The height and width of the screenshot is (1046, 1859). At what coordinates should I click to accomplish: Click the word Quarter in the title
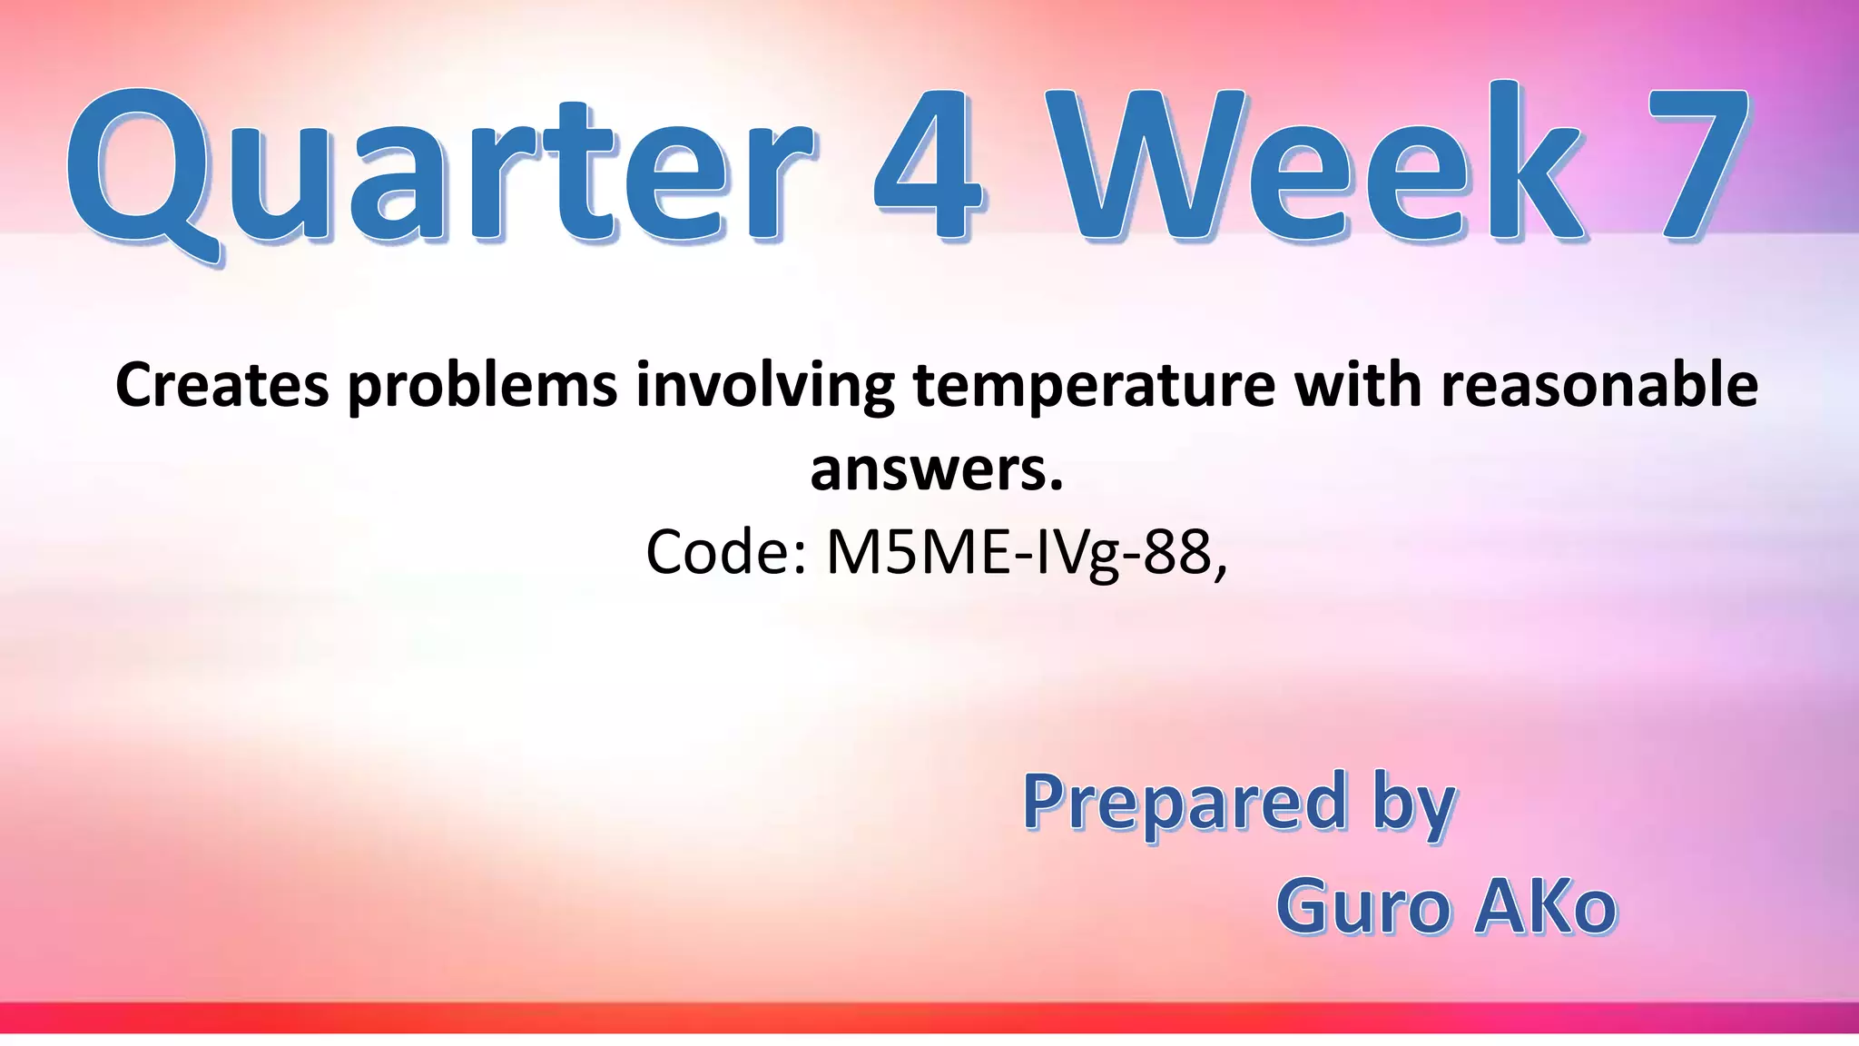[x=440, y=168]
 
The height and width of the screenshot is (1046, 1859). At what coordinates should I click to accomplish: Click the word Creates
[x=222, y=385]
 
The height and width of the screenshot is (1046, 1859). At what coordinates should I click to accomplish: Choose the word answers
[x=936, y=470]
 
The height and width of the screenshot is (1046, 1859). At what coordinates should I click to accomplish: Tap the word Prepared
[x=1185, y=804]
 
